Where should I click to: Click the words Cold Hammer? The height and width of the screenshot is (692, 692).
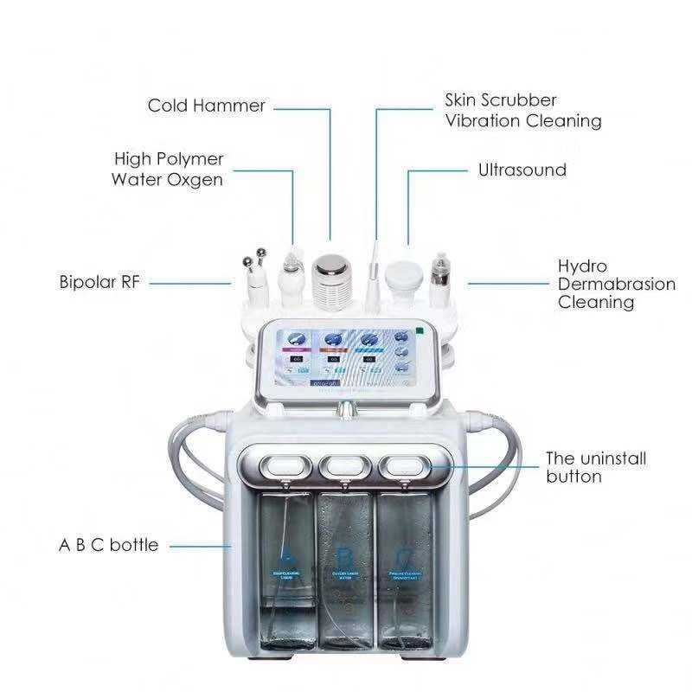click(x=206, y=106)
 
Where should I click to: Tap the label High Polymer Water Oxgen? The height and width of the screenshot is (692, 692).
click(x=168, y=170)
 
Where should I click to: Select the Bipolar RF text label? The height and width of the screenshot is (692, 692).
click(x=99, y=282)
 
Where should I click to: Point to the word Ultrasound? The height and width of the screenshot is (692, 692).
click(x=522, y=170)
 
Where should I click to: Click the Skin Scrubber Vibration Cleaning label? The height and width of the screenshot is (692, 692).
click(x=522, y=111)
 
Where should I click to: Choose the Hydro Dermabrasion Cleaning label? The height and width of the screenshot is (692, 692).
click(x=616, y=284)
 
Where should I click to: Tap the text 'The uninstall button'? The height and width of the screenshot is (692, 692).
click(x=595, y=467)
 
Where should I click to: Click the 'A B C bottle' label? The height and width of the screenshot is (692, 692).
click(x=108, y=545)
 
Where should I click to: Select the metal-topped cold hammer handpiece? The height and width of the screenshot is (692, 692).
click(x=330, y=275)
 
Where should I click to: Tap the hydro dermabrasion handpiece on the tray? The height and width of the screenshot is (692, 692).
click(x=443, y=275)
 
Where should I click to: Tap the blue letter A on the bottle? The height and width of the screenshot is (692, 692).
click(x=287, y=555)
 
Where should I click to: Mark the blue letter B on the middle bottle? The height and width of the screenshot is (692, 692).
click(x=345, y=555)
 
